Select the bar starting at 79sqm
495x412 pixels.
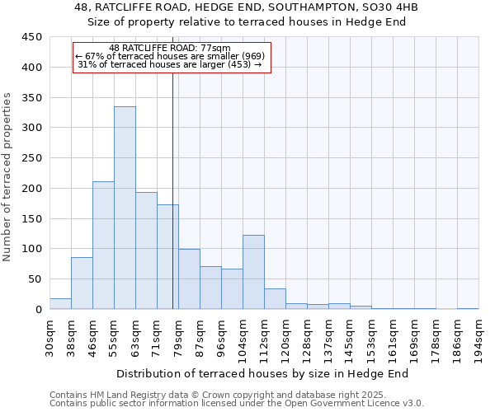tap(189, 279)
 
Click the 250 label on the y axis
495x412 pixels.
tap(32, 158)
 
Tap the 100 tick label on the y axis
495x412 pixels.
tap(32, 249)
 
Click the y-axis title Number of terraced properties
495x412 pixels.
tap(7, 177)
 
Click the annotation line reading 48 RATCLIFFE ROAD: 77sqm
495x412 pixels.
tap(170, 49)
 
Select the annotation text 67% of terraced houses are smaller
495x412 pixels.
tap(169, 56)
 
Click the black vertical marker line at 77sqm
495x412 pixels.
tap(172, 190)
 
